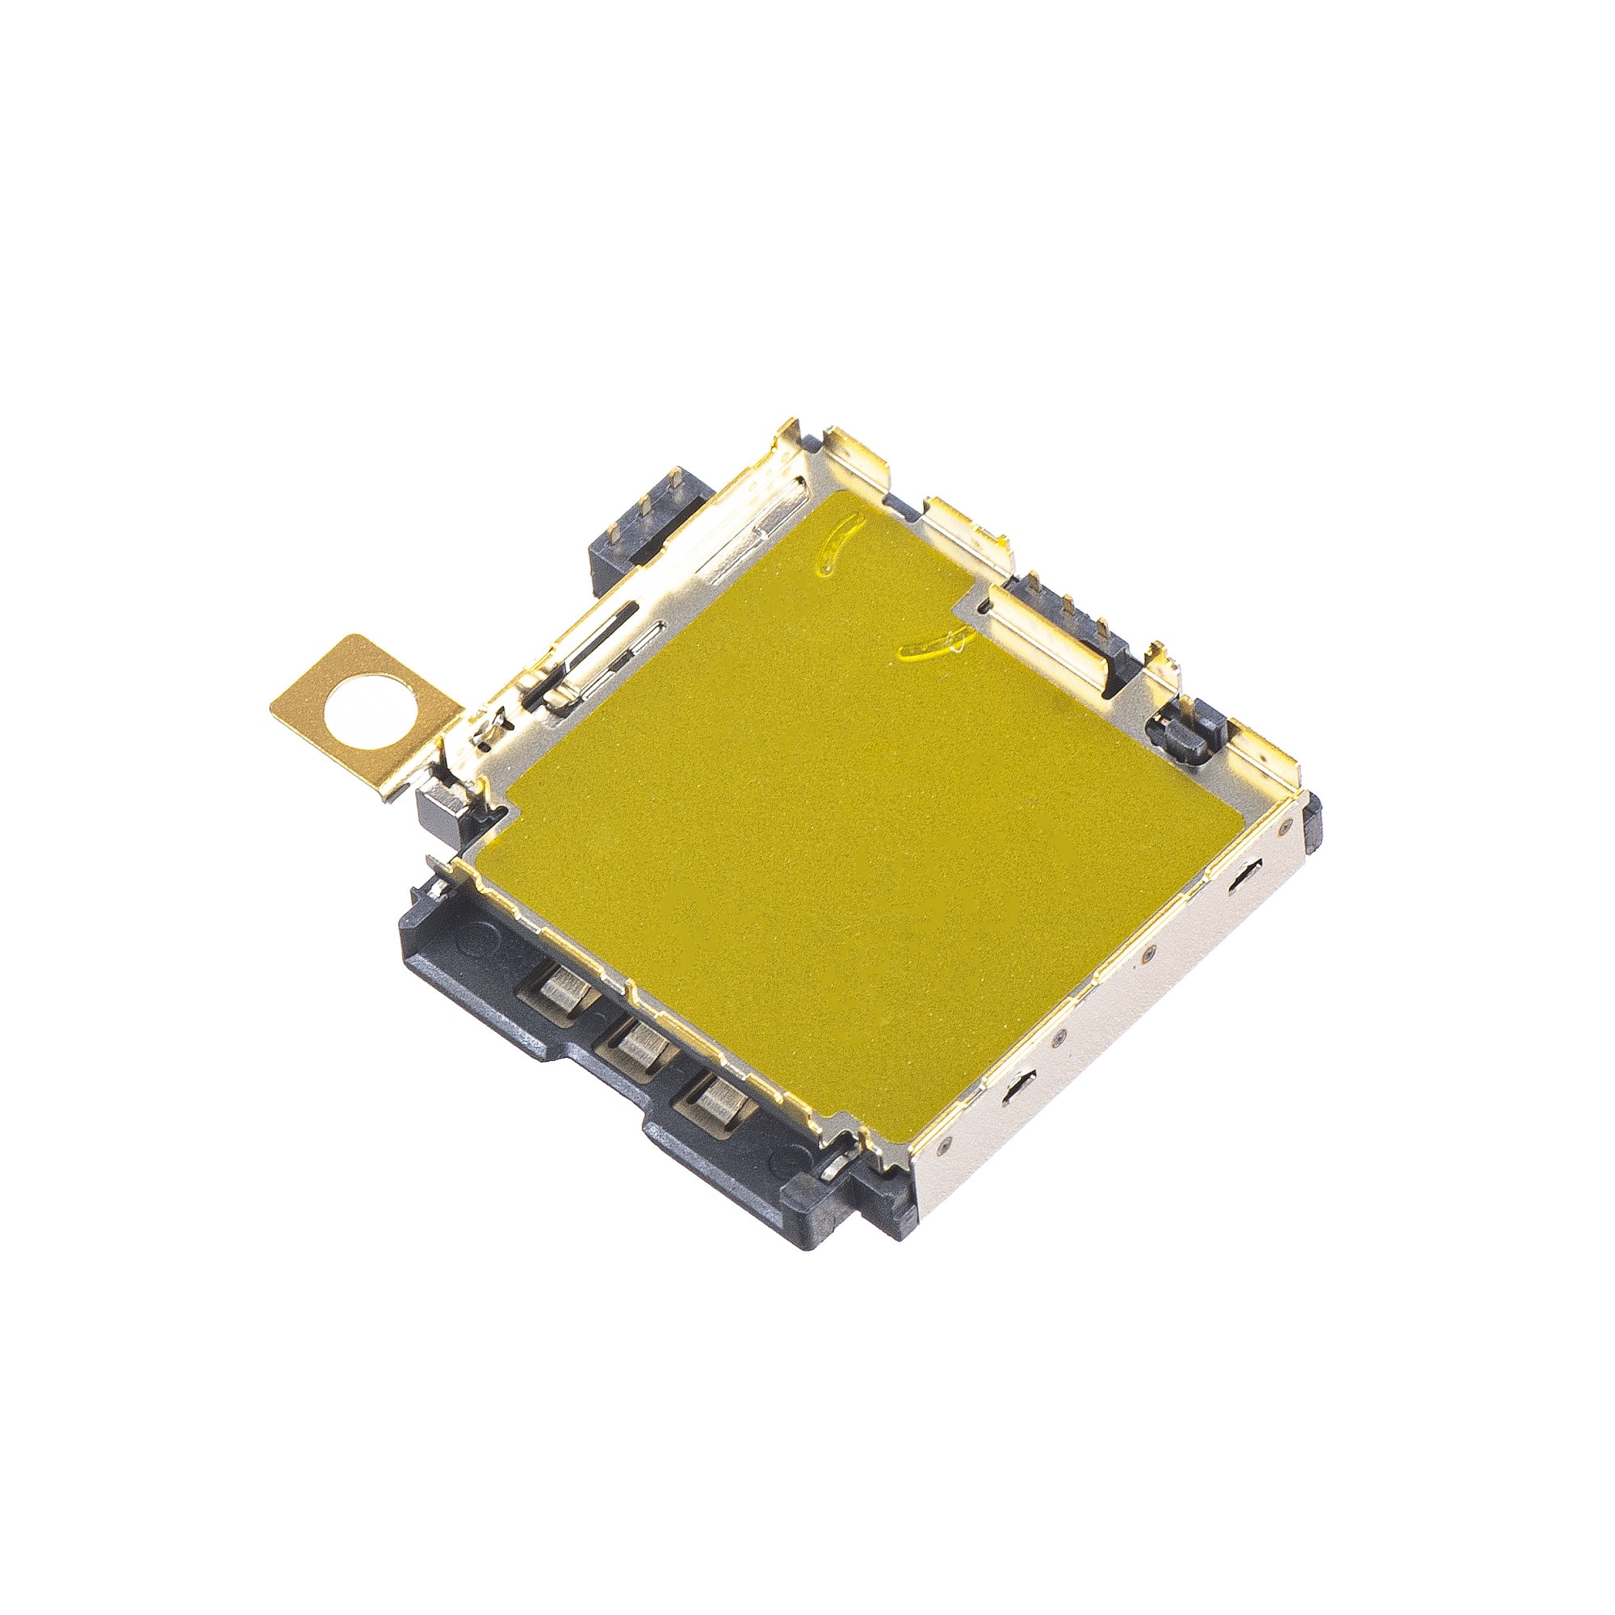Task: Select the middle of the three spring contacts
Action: pyautogui.click(x=640, y=1046)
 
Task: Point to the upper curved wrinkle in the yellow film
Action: pyautogui.click(x=838, y=543)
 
